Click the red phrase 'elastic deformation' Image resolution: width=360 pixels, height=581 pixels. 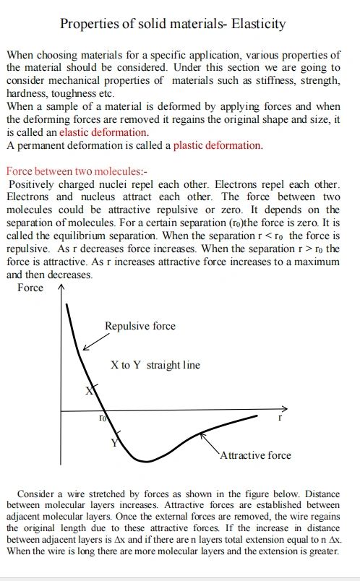point(104,132)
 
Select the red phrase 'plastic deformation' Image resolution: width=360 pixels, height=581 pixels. point(217,145)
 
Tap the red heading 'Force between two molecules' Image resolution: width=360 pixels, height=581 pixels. point(75,172)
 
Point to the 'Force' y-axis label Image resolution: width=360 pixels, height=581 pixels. point(30,288)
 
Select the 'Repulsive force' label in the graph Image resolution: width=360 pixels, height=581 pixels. point(140,326)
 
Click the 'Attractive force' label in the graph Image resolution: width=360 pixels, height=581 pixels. point(255,455)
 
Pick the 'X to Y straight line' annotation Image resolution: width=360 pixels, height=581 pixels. point(155,365)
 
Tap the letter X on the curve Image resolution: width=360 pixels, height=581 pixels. point(90,391)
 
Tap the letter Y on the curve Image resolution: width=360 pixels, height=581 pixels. point(113,442)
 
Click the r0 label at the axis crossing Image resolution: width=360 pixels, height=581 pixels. point(103,418)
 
